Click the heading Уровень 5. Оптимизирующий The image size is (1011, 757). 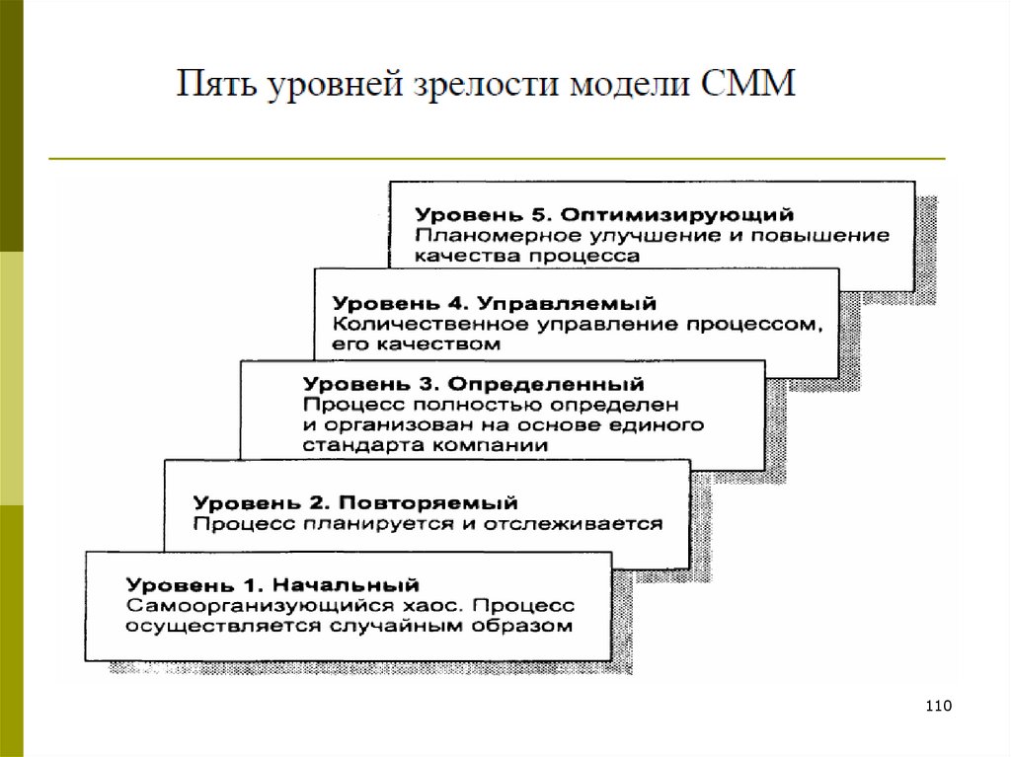604,214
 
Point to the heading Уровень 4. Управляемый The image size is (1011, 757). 495,302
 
